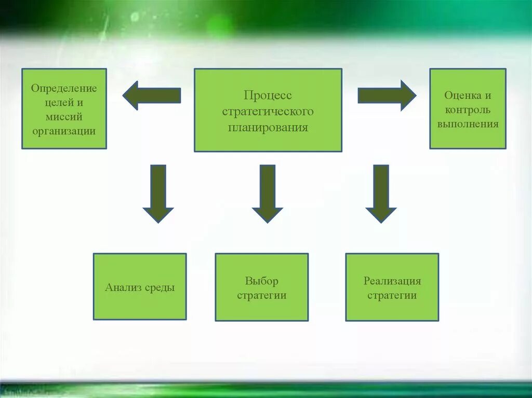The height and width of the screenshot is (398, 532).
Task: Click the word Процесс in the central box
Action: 268,96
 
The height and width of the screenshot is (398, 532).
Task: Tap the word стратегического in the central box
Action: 268,112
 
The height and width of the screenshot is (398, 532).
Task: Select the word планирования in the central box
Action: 268,127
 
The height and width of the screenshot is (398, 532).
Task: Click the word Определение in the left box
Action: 64,88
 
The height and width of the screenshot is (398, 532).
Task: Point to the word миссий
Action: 64,117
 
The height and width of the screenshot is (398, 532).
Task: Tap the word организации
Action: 64,131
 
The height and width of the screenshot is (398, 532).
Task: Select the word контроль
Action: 468,110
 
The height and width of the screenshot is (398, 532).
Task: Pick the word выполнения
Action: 468,124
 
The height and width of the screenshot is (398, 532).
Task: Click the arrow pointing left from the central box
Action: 151,95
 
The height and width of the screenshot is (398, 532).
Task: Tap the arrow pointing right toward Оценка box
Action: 387,95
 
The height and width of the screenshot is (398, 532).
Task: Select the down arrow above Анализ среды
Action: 158,193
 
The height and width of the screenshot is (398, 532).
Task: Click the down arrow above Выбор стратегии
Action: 268,193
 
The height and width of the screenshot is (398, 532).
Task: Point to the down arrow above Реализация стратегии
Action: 381,193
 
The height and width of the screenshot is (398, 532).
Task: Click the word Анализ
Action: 123,287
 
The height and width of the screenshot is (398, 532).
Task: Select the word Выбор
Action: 262,281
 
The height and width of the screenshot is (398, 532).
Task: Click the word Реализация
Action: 392,281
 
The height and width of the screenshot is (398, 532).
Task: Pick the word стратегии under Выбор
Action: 262,296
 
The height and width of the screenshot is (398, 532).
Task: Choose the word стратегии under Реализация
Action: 392,296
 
